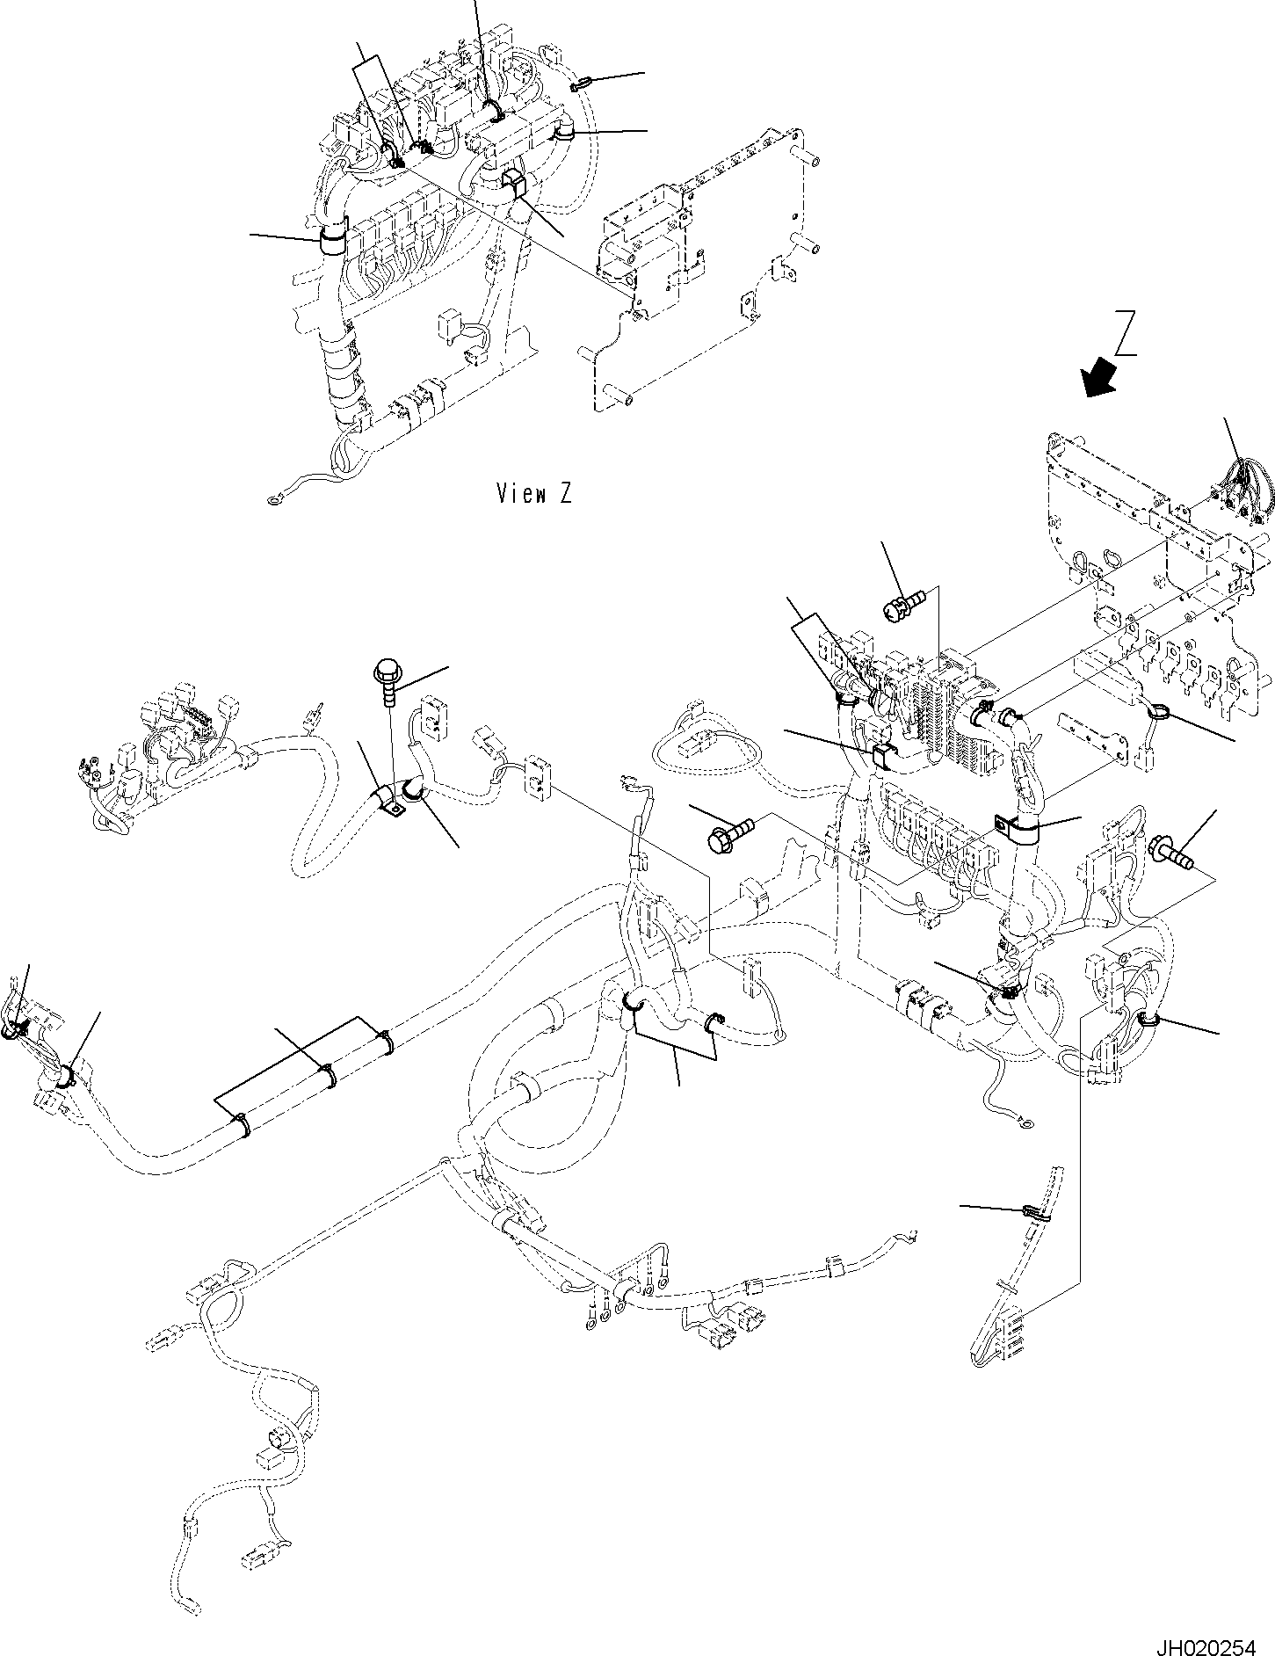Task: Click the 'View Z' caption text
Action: [533, 494]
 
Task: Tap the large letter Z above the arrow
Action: [1126, 333]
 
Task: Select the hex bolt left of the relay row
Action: [729, 832]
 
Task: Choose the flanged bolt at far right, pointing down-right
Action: [1170, 853]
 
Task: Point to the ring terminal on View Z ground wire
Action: [274, 501]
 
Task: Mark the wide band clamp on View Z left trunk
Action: [333, 239]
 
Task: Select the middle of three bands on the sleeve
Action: [328, 1076]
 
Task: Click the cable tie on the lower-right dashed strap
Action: [1033, 1213]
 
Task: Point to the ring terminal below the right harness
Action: [1025, 1122]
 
